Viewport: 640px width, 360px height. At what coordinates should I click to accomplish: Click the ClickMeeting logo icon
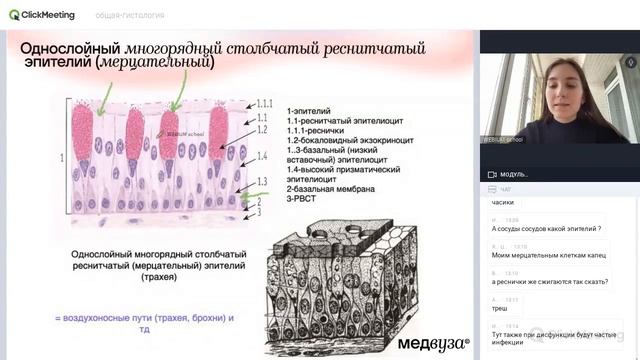(x=14, y=15)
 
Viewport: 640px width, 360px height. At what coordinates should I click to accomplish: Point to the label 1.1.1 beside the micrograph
(x=265, y=103)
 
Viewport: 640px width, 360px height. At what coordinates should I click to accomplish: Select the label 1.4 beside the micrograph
(x=261, y=157)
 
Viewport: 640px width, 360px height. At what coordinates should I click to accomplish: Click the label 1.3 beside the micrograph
(x=261, y=181)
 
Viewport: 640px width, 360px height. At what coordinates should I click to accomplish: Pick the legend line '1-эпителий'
(x=310, y=111)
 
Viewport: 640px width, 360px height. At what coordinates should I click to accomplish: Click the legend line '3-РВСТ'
(x=304, y=199)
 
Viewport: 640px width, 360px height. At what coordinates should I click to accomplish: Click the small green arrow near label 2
(x=243, y=198)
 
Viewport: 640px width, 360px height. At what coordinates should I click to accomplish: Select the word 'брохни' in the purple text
(x=206, y=318)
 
